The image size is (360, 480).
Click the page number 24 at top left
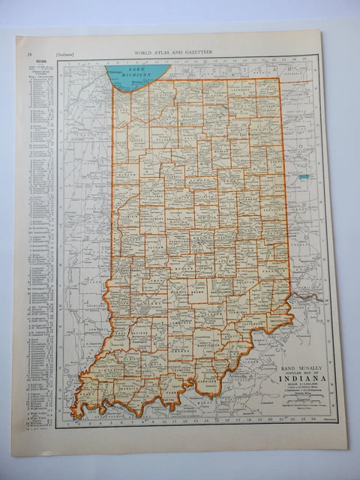(28, 54)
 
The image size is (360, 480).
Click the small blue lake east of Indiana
(304, 177)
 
